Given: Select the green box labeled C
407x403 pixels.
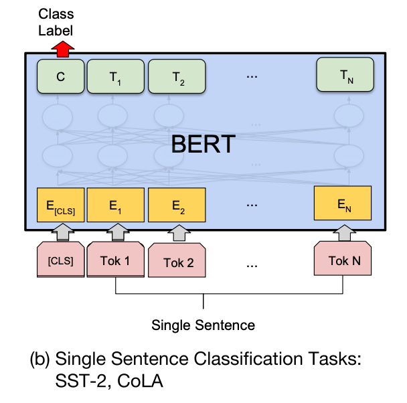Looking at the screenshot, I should click(x=60, y=76).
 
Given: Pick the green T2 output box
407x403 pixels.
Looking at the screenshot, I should click(x=177, y=76).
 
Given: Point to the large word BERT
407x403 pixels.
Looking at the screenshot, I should click(x=203, y=144).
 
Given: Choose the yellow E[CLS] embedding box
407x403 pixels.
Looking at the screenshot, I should click(x=60, y=206).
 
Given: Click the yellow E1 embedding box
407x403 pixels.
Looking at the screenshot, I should click(x=115, y=206).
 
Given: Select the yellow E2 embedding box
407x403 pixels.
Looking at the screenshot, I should click(x=177, y=206).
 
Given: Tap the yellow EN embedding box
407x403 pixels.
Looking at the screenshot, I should click(x=343, y=205).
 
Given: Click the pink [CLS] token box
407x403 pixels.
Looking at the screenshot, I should click(x=60, y=260).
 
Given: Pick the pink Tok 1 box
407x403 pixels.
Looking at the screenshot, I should click(x=115, y=260).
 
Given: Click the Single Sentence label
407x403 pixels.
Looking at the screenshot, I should click(x=203, y=326).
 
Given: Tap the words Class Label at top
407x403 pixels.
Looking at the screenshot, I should click(x=56, y=22).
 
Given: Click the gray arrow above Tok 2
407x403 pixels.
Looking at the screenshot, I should click(x=179, y=234).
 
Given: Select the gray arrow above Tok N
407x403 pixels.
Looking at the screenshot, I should click(x=343, y=233).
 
